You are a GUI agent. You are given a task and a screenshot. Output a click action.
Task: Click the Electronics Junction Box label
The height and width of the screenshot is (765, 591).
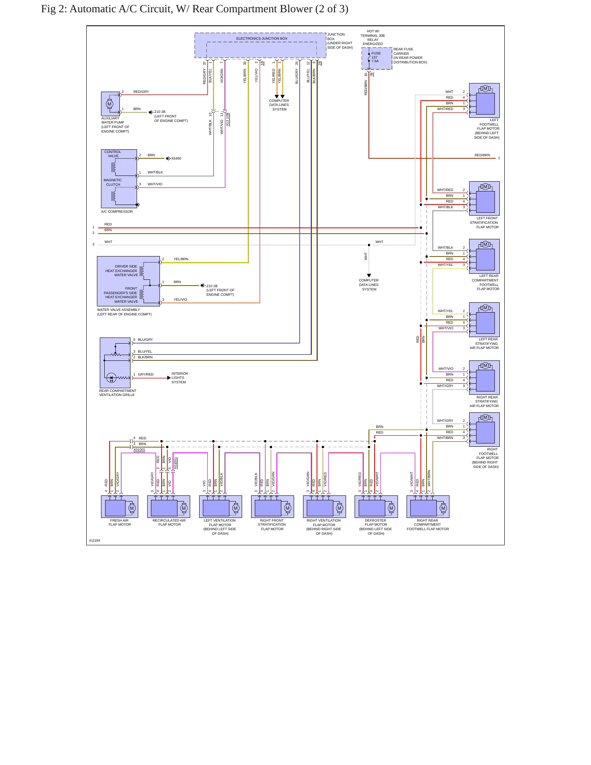(262, 38)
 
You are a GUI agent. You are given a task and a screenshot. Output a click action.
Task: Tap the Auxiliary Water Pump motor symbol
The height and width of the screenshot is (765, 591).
(110, 103)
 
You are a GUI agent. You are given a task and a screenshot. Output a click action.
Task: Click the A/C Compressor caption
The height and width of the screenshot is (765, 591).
(117, 211)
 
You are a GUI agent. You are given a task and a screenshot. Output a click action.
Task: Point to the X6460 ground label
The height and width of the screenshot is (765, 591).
(176, 158)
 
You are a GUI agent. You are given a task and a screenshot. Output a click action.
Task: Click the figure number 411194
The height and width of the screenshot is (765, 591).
(94, 540)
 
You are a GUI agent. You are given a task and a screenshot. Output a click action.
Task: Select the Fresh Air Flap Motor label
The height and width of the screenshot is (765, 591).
(119, 522)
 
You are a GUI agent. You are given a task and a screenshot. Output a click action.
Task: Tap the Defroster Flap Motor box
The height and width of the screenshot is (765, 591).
(376, 506)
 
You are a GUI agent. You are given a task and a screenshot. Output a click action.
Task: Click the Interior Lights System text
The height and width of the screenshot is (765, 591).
(180, 378)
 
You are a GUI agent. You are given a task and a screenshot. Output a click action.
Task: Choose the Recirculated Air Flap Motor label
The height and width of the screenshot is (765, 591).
(169, 522)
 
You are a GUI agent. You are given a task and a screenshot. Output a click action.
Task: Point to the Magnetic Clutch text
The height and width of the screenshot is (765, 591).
(113, 182)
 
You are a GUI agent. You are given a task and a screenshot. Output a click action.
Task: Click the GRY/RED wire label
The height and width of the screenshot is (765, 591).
(146, 374)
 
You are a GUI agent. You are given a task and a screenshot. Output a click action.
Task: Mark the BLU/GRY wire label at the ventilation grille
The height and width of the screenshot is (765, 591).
(145, 340)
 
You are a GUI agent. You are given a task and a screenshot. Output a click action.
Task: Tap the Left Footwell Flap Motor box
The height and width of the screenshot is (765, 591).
(484, 101)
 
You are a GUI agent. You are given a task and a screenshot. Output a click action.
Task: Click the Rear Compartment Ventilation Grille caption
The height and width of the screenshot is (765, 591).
(118, 393)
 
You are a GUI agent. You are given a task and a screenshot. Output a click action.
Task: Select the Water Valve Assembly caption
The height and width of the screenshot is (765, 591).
(124, 312)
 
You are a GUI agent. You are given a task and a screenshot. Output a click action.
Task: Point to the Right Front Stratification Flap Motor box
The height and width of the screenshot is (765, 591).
(272, 506)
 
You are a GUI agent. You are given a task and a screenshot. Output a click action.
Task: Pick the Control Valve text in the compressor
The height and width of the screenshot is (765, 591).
(113, 154)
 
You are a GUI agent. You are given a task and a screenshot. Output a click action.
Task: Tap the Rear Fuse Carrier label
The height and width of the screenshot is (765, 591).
(410, 56)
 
